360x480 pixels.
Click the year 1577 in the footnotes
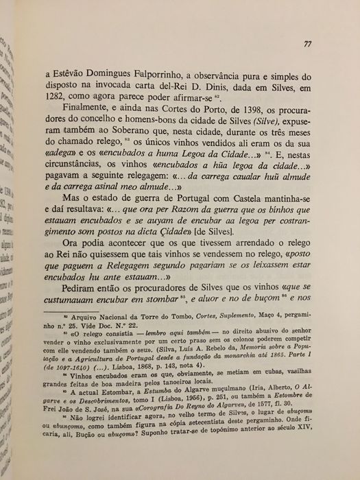tap(286, 434)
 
